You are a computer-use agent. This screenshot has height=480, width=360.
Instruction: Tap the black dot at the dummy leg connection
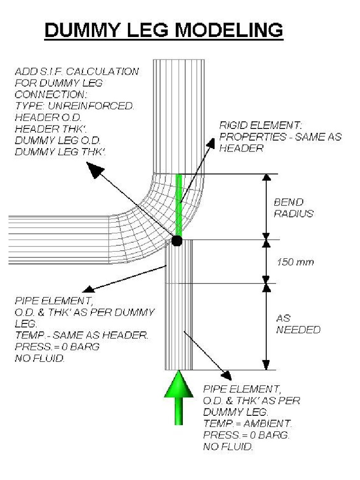point(177,241)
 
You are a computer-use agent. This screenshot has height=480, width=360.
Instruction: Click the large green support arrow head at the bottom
point(179,384)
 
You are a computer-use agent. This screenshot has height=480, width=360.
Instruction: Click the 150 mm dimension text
point(295,262)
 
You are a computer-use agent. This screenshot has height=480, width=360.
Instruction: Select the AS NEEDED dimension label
point(298,324)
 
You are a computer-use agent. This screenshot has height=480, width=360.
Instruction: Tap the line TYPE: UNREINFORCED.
point(75,106)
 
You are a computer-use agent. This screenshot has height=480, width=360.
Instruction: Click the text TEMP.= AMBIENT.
point(247,424)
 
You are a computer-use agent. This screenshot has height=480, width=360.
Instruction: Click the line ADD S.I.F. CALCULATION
point(77,72)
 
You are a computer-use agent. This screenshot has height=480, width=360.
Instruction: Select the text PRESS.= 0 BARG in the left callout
point(57,347)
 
